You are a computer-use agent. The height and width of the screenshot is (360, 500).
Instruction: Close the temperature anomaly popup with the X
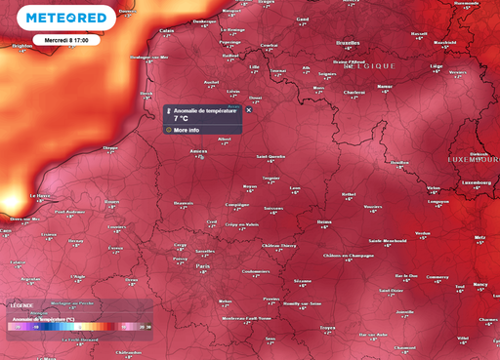(248, 110)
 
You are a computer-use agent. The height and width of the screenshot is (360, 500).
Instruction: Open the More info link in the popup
(186, 129)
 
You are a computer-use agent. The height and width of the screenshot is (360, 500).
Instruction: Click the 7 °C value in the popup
(181, 118)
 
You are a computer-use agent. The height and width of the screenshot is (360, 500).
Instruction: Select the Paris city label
(203, 265)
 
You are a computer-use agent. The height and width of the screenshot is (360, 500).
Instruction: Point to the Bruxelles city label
(348, 44)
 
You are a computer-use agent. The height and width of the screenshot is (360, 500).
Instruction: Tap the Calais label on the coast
(167, 30)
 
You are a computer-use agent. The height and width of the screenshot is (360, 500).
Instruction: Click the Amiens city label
(199, 151)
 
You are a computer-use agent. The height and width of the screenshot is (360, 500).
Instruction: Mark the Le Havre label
(41, 195)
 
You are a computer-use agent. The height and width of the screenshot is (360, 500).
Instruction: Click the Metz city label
(479, 237)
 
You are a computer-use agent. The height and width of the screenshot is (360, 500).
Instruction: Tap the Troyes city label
(328, 328)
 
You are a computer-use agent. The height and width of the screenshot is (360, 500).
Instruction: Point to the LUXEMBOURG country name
(474, 158)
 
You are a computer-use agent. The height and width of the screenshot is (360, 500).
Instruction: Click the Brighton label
(21, 45)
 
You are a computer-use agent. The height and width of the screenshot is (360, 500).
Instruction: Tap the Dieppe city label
(110, 148)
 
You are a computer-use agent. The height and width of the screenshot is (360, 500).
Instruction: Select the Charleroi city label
(354, 93)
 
